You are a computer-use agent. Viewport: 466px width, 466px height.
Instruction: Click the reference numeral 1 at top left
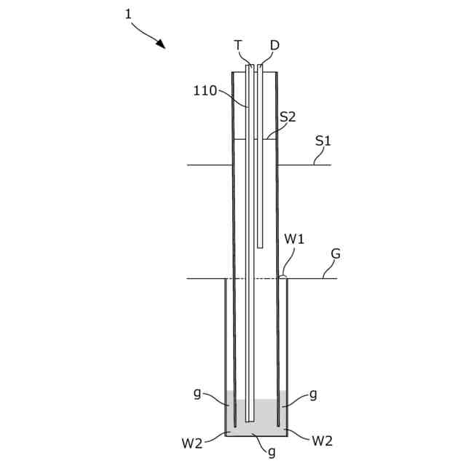click(128, 13)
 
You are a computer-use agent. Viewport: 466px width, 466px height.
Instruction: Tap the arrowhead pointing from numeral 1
click(162, 44)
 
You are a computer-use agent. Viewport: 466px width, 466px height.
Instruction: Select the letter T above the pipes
click(238, 45)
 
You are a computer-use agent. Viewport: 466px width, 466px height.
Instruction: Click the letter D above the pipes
click(274, 45)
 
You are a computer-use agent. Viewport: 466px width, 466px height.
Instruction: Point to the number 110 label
click(205, 91)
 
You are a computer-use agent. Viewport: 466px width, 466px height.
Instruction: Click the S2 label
click(288, 116)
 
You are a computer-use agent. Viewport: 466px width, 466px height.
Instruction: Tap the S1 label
click(323, 141)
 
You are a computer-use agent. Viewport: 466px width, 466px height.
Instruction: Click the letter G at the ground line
click(336, 253)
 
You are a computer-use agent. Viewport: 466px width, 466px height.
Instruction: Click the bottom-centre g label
click(272, 452)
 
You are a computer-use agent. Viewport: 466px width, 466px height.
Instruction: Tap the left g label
click(197, 393)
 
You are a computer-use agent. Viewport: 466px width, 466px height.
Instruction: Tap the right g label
click(313, 393)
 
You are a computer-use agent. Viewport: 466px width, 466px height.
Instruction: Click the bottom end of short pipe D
click(260, 247)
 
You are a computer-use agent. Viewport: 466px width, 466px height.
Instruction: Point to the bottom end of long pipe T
click(250, 420)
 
